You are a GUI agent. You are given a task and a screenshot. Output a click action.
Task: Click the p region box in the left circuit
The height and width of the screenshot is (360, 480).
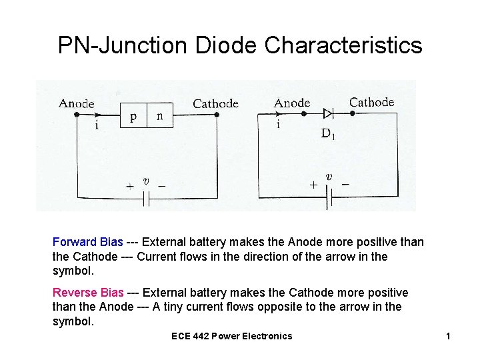[133, 117]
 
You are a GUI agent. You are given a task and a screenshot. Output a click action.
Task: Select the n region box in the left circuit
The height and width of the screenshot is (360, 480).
[159, 117]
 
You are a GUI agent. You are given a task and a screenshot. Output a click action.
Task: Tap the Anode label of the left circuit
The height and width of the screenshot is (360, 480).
[77, 103]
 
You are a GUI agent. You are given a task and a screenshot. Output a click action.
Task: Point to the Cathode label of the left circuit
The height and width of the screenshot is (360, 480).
[215, 103]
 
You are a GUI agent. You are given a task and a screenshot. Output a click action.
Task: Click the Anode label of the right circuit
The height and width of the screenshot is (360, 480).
[292, 103]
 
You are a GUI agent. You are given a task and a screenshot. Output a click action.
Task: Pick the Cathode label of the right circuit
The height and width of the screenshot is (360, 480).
[371, 102]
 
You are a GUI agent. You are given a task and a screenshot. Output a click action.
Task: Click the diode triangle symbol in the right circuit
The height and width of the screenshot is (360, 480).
[327, 114]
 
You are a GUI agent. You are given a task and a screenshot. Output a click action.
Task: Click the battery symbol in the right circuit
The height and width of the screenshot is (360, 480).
[327, 197]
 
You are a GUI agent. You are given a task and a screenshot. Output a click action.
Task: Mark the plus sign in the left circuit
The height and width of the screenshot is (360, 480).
[130, 187]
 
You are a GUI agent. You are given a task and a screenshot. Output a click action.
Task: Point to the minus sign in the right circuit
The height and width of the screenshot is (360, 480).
[345, 183]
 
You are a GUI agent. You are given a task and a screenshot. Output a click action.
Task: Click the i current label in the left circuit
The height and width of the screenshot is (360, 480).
[97, 125]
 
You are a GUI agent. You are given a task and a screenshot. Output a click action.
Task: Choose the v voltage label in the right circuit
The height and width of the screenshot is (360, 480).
[329, 177]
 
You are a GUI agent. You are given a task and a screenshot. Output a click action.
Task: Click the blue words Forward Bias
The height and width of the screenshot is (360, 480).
[87, 242]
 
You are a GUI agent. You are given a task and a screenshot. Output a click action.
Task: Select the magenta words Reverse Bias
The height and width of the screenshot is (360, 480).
[88, 293]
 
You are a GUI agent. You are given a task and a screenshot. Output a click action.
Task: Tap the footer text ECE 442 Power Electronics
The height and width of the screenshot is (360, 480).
[231, 336]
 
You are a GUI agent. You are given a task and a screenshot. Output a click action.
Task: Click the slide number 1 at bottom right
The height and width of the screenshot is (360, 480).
[448, 336]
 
